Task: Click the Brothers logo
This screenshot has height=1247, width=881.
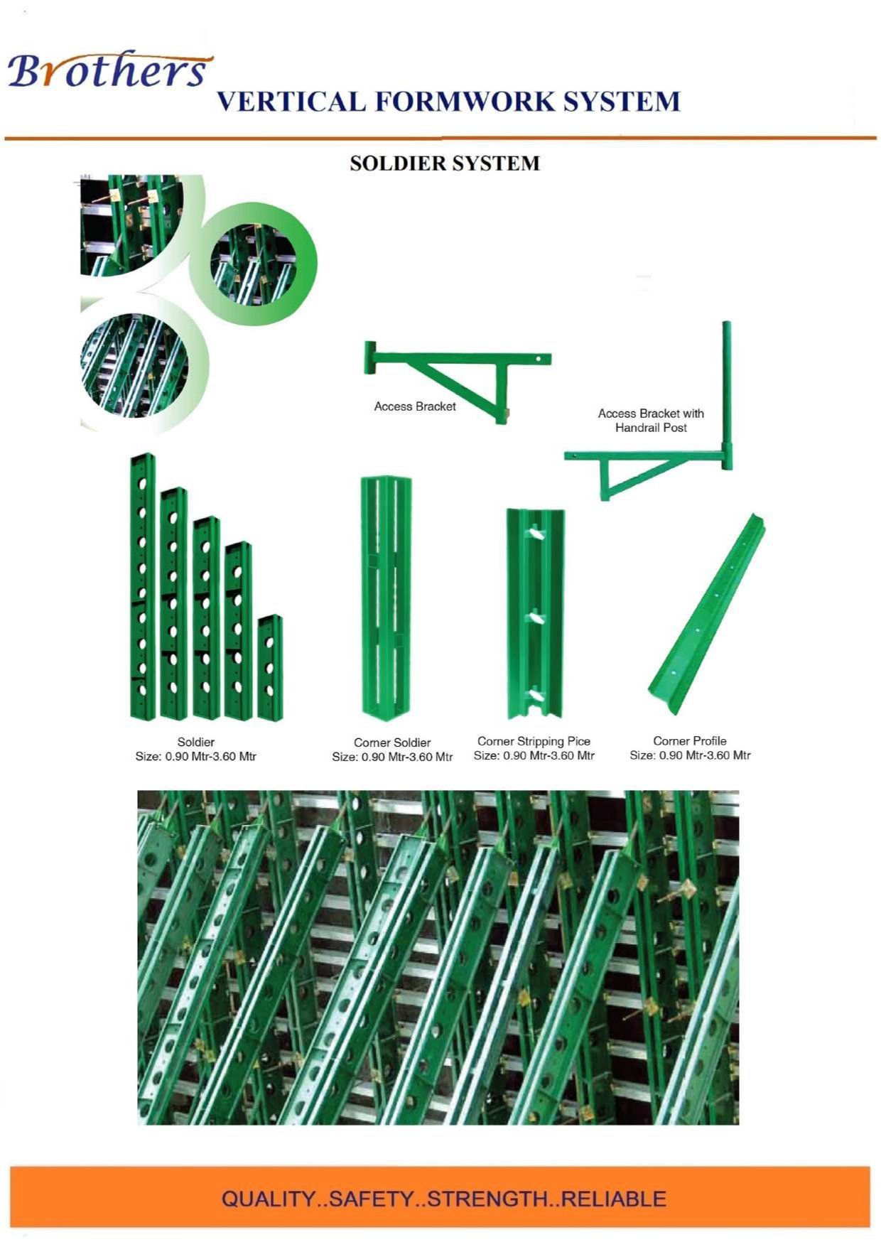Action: [x=108, y=70]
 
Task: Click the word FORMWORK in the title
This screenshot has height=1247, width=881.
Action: [x=465, y=101]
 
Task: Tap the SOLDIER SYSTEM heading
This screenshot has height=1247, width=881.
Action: [x=445, y=163]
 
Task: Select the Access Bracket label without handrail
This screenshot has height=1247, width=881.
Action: [x=415, y=406]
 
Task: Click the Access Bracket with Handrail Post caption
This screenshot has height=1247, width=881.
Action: [x=651, y=420]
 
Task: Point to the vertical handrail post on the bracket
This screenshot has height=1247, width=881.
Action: [x=727, y=395]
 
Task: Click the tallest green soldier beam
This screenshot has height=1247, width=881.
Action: [x=142, y=585]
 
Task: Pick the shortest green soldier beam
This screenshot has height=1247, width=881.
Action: [x=270, y=668]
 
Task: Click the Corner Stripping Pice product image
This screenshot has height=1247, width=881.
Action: [x=535, y=614]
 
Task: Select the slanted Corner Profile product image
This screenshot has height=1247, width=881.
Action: [x=707, y=614]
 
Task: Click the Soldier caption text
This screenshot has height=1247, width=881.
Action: [x=196, y=742]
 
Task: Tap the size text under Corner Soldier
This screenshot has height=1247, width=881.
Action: [x=392, y=757]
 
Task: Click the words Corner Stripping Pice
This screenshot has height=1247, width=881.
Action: [x=534, y=741]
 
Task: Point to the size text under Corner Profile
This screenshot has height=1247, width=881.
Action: [x=690, y=755]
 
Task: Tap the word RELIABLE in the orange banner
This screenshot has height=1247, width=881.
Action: [x=614, y=1199]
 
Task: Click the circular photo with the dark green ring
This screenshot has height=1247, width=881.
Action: [x=253, y=263]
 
